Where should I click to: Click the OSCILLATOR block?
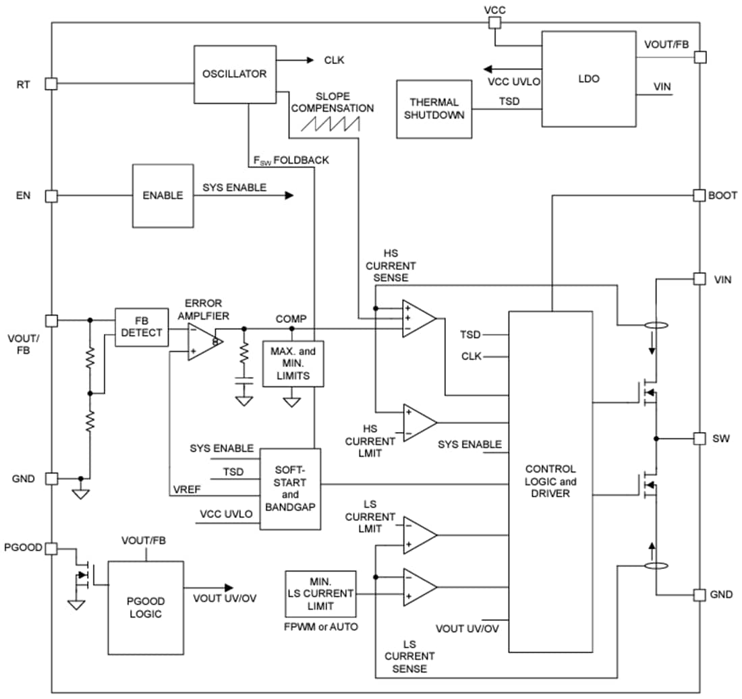234,74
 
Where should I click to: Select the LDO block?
588,79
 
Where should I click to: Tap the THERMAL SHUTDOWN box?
434,109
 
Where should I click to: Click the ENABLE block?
163,195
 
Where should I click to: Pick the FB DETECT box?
142,327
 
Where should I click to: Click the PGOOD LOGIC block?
145,607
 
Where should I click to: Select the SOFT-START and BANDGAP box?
290,489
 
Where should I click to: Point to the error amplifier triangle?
202,342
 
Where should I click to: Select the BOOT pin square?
700,195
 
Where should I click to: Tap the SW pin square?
700,438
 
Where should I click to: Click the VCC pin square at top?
494,24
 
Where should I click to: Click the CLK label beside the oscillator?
334,60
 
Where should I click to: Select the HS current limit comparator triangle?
418,423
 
